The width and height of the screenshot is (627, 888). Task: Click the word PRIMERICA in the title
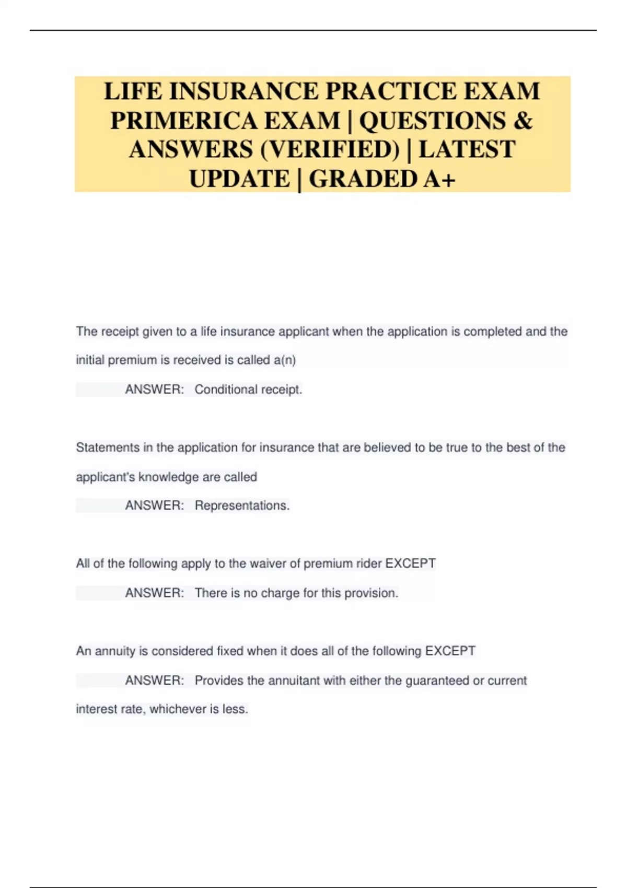tap(183, 121)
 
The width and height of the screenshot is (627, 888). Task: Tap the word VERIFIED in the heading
tap(330, 150)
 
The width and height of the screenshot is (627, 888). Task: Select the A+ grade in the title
tap(439, 179)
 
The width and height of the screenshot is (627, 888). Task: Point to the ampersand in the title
tap(523, 121)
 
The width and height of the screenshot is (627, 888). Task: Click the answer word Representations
tap(242, 506)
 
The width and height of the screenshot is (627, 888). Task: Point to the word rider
tap(369, 564)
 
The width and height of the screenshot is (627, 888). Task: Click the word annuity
tap(115, 651)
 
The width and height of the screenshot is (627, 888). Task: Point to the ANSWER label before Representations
tap(154, 506)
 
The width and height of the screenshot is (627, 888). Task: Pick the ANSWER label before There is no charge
tap(154, 593)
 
